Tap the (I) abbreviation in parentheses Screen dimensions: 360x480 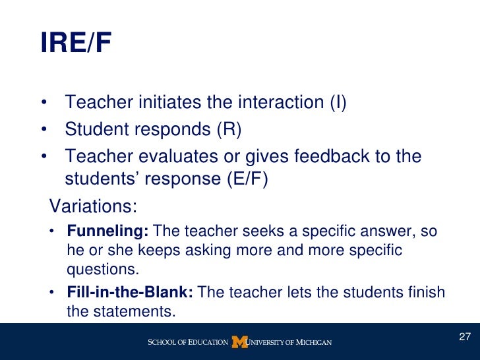pos(337,104)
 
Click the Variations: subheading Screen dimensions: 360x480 pos(93,206)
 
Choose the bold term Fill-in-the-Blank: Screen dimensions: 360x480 pos(130,292)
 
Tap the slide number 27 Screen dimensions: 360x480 pos(464,338)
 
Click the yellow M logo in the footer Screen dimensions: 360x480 pos(239,342)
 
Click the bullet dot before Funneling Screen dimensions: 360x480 pos(53,232)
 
